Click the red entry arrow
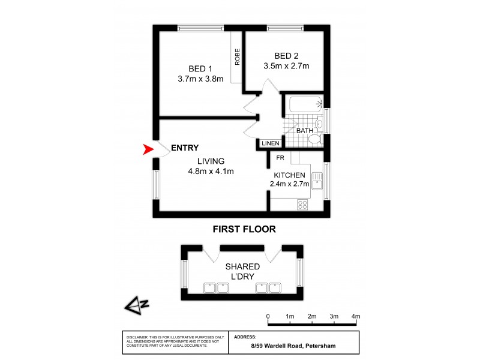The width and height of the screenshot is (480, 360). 148,150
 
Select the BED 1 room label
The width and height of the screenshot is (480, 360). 200,68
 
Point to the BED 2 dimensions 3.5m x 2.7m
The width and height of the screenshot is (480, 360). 286,66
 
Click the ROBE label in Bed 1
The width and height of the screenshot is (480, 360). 238,57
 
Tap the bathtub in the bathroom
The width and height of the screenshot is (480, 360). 305,106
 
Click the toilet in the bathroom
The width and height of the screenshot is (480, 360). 314,140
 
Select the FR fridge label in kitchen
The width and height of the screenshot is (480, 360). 280,158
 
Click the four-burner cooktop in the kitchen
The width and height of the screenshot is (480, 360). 303,204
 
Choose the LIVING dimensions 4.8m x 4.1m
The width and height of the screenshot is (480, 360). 210,171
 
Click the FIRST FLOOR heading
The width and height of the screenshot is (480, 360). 244,229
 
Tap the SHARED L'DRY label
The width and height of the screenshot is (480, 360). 242,271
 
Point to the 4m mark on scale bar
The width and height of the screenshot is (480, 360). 356,316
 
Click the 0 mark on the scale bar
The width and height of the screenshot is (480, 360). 268,316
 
